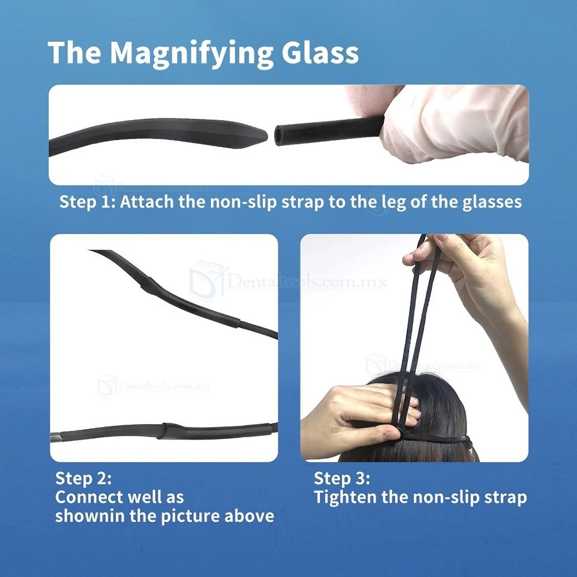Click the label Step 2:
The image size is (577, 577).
(83, 478)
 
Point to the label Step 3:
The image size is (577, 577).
(342, 478)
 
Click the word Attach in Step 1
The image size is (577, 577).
(147, 201)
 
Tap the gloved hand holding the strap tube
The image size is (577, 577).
(452, 125)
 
